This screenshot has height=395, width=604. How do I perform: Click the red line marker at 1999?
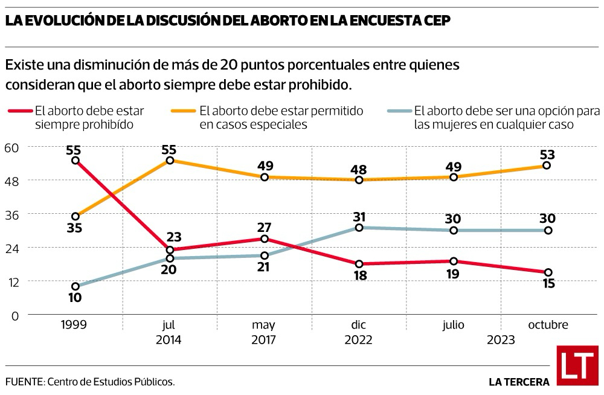coord(75,160)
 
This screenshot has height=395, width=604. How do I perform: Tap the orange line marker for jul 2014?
coord(170,160)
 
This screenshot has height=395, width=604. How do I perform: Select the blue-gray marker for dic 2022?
coord(359,228)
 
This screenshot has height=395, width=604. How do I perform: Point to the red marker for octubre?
coord(547,272)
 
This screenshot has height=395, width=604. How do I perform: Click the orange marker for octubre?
coord(547,165)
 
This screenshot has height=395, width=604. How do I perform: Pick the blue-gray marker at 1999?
coord(75,286)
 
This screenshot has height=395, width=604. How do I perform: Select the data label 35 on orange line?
coord(75,229)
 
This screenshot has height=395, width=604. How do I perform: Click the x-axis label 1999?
coord(74,325)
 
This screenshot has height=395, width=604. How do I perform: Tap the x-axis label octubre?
coord(548,325)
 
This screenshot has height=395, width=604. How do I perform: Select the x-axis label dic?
coord(359,325)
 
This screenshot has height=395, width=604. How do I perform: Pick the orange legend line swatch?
coord(184,111)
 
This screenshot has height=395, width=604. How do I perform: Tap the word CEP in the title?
coord(434,20)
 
